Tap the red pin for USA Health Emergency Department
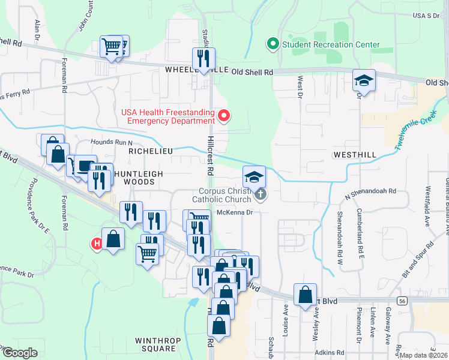pos(224,115)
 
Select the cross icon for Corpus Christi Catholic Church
pos(260,194)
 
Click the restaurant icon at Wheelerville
pos(203,59)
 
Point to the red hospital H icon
pos(95,244)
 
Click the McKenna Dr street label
pos(234,211)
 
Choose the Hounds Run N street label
pos(111,142)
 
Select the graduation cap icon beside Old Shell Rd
pos(364,80)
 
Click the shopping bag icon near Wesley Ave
pos(305,294)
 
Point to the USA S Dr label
pos(426,15)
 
